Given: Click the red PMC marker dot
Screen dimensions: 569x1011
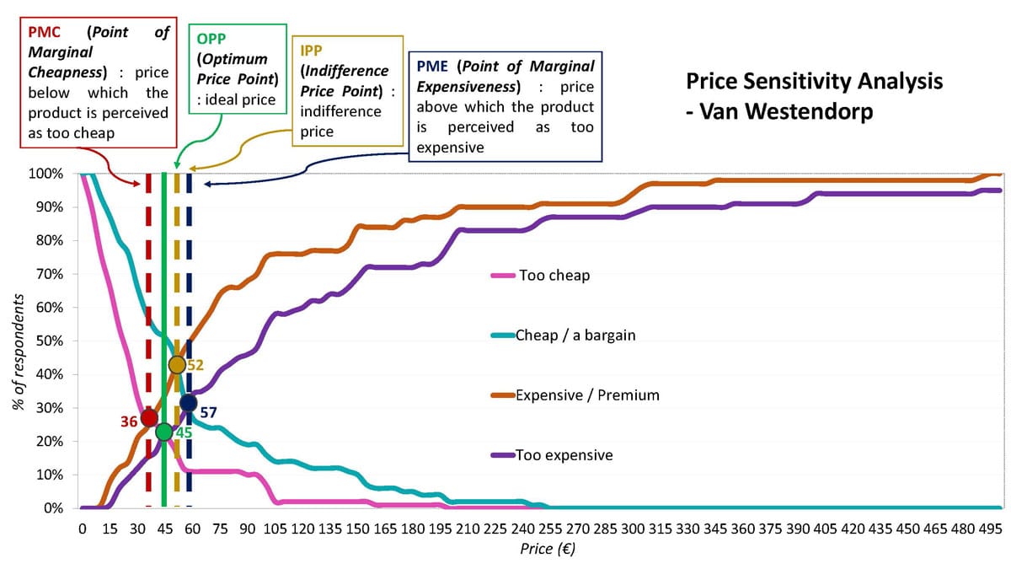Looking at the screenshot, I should (149, 417).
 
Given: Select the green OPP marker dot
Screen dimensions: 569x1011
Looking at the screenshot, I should (163, 432).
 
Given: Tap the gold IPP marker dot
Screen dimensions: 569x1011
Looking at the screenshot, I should (177, 365).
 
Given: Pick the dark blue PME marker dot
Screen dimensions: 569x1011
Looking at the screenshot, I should (189, 403).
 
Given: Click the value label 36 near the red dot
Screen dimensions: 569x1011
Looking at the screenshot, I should (129, 421).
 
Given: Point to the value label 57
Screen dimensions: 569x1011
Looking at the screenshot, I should (209, 412).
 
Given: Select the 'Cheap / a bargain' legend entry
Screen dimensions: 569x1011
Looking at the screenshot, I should (575, 335).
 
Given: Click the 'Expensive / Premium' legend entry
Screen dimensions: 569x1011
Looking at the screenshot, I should (587, 395).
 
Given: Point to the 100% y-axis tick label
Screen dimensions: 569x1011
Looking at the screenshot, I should (45, 174).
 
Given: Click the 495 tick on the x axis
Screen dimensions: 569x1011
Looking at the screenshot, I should (991, 529).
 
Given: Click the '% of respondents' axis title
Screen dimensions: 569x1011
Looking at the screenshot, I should (17, 352).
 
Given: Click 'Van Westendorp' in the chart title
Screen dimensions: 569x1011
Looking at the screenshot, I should (785, 110).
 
